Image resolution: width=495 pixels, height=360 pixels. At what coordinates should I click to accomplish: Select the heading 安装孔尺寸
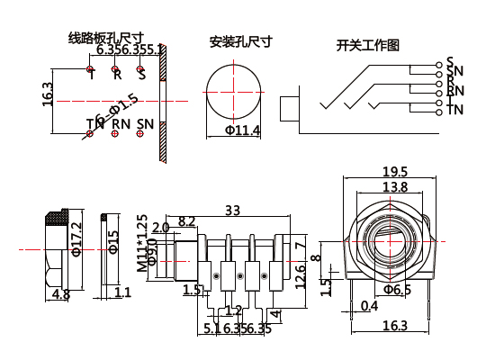[240, 41]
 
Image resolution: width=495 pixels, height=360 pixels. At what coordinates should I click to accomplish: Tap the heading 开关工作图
[367, 45]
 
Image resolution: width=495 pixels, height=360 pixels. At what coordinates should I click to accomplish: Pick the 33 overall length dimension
[232, 211]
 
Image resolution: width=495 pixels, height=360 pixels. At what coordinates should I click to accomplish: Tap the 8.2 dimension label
[187, 220]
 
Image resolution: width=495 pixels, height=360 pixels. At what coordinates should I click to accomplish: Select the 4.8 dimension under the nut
[61, 293]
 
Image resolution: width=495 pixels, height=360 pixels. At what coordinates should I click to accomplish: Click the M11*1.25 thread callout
[141, 243]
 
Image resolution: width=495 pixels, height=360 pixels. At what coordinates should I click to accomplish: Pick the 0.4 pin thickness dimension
[369, 306]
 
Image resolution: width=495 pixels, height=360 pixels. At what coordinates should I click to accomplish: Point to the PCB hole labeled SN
[140, 133]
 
